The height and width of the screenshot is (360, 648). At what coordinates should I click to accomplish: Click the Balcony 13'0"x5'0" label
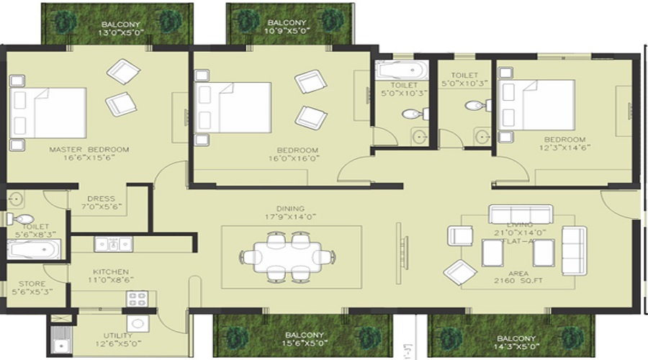pos(120,27)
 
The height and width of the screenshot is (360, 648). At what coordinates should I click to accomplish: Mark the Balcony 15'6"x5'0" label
pos(302,340)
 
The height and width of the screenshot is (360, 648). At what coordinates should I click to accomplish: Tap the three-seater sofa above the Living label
pos(520,214)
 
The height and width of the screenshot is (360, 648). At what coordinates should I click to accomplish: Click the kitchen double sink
pos(114,244)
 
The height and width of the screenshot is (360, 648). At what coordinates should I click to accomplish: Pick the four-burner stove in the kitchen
pos(137,298)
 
